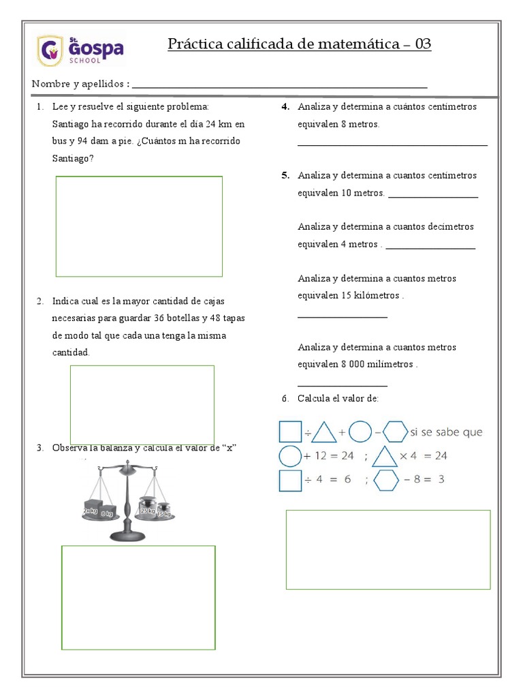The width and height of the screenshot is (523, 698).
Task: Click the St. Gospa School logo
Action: [x=80, y=50]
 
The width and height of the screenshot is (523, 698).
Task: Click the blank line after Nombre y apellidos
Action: [x=279, y=86]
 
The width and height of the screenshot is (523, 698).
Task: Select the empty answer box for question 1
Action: [x=139, y=226]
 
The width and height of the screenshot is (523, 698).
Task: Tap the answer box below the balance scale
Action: [x=138, y=597]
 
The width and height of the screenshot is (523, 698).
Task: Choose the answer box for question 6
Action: [x=387, y=549]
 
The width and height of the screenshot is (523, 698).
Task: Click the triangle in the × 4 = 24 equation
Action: [x=385, y=456]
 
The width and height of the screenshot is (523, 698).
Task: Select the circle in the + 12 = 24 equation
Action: [x=290, y=456]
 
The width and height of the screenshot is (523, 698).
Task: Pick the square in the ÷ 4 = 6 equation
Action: [x=290, y=480]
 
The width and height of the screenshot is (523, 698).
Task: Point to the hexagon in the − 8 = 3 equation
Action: [x=385, y=480]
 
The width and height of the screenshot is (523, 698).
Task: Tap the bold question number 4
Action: [x=286, y=107]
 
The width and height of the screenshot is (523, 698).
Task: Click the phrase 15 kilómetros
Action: [x=370, y=296]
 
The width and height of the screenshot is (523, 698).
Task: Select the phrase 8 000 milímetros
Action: [x=377, y=364]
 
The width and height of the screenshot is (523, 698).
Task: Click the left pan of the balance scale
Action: [x=99, y=516]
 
